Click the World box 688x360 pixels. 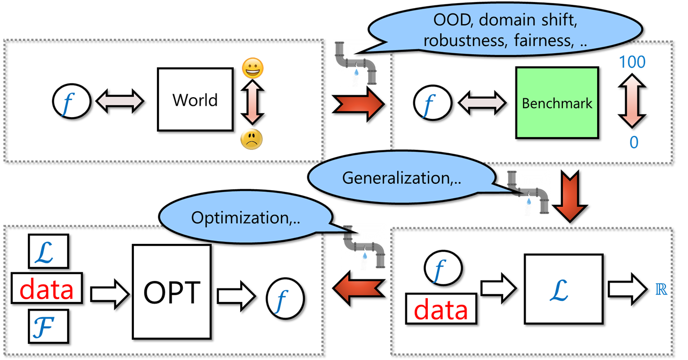195,100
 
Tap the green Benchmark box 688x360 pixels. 556,103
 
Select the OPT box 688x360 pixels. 171,292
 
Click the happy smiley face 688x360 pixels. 252,68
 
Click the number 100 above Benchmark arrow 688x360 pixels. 632,62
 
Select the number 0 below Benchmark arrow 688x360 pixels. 634,143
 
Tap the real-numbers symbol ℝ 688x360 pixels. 662,290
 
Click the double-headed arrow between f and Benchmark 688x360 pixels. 481,103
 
